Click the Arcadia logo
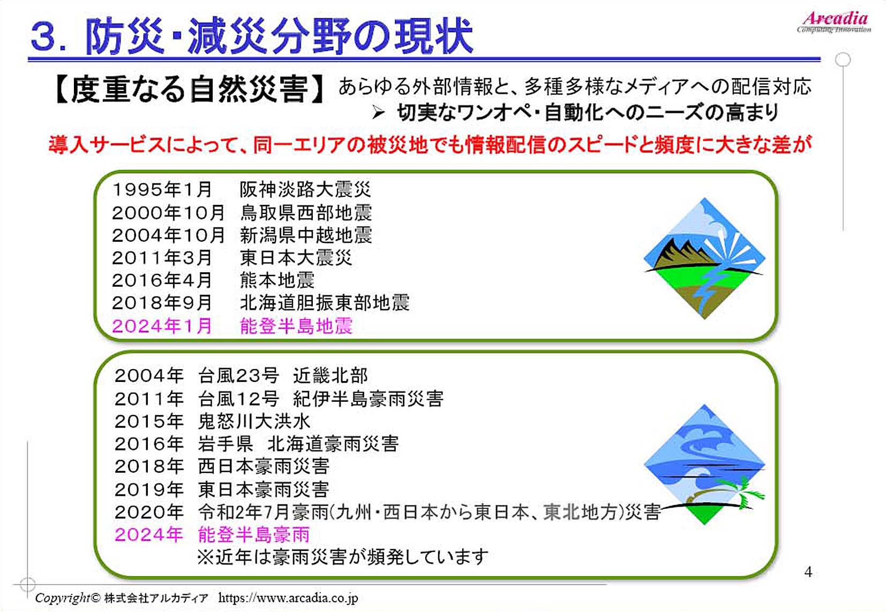pyautogui.click(x=834, y=22)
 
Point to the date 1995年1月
pyautogui.click(x=162, y=189)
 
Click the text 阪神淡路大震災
pyautogui.click(x=305, y=189)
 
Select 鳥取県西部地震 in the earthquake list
pyautogui.click(x=306, y=212)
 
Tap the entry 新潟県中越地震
pyautogui.click(x=306, y=235)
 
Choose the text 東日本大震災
pyautogui.click(x=296, y=258)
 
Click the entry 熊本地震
pyautogui.click(x=277, y=280)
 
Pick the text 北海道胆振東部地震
pyautogui.click(x=325, y=303)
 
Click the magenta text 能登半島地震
pyautogui.click(x=296, y=326)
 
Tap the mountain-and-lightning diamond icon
pyautogui.click(x=704, y=258)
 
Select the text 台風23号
pyautogui.click(x=238, y=376)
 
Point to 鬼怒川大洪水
pyautogui.click(x=254, y=422)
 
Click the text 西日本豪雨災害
pyautogui.click(x=264, y=466)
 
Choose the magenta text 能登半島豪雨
pyautogui.click(x=253, y=535)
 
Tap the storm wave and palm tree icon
pyautogui.click(x=704, y=465)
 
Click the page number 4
pyautogui.click(x=808, y=572)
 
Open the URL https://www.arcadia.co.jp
pyautogui.click(x=288, y=598)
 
